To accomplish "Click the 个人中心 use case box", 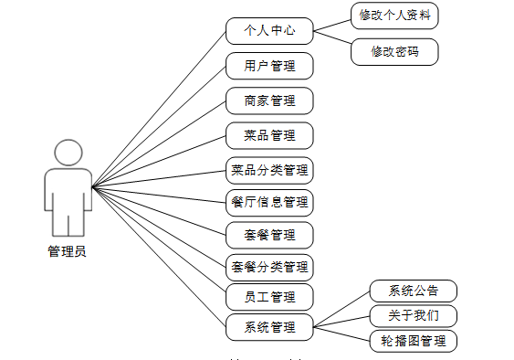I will [269, 31].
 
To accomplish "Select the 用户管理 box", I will [269, 66].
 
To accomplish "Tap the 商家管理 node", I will [269, 101].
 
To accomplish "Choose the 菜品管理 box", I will [269, 135].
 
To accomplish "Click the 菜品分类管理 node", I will [269, 170].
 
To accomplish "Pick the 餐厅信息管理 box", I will [269, 202].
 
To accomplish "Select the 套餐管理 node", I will [269, 235].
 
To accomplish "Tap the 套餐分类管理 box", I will [269, 267].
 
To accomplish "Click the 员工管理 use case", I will [269, 297].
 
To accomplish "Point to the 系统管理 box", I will [269, 326].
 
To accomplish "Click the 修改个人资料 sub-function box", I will [394, 16].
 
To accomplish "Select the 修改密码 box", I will [394, 51].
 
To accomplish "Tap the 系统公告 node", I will [413, 291].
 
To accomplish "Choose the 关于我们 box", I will [413, 316].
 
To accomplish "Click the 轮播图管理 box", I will [413, 342].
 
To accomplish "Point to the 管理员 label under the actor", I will [68, 251].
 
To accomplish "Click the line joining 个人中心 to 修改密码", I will [332, 41].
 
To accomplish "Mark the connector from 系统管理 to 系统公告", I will [341, 309].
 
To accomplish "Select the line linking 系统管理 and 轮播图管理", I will [341, 334].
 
